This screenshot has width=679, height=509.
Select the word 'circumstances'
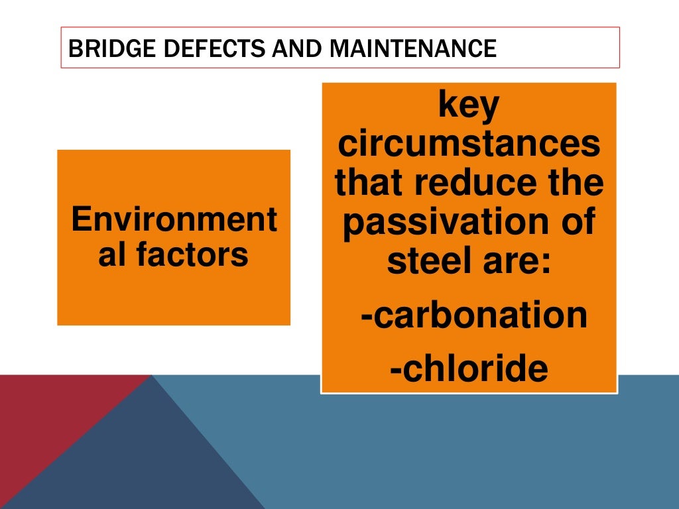point(469,145)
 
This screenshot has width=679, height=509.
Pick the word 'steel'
point(420,262)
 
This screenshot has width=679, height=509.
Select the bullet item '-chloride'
point(469,369)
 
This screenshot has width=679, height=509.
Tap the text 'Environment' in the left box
point(174,219)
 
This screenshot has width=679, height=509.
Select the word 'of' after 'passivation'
point(578,223)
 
